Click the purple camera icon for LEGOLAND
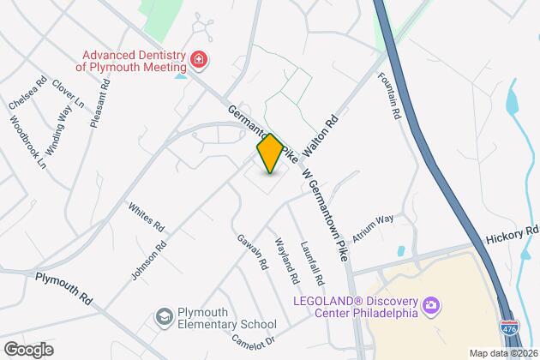[432, 305]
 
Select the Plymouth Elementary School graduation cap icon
[162, 318]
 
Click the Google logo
[28, 350]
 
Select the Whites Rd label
[146, 219]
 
